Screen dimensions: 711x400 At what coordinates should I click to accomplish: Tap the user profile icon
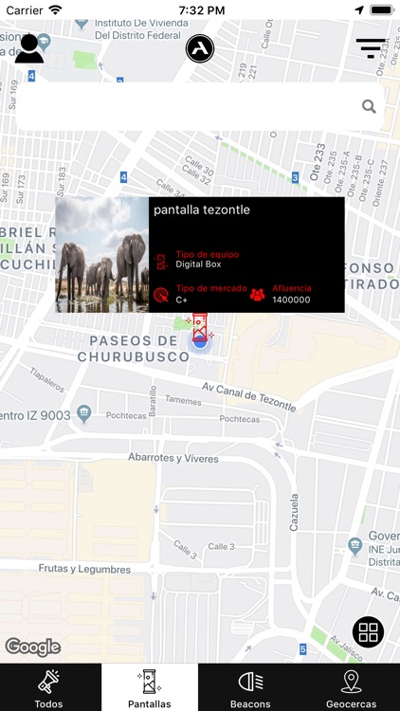(29, 48)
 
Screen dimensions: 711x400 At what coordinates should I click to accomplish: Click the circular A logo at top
(200, 48)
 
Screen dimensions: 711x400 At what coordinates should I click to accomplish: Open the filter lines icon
(371, 47)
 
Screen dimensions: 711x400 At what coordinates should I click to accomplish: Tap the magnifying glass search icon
(369, 106)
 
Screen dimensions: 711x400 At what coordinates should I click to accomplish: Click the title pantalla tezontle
(202, 210)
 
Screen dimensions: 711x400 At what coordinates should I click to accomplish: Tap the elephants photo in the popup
(102, 255)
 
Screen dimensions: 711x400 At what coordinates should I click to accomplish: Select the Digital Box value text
(198, 264)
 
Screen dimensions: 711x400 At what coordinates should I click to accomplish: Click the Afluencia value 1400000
(291, 300)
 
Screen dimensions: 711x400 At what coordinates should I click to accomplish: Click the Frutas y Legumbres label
(84, 569)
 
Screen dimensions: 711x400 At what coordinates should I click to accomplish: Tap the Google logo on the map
(33, 647)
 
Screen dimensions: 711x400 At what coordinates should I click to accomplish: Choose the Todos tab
(49, 687)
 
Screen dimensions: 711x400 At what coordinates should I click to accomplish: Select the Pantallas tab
(150, 687)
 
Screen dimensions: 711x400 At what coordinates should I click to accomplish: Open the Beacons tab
(250, 687)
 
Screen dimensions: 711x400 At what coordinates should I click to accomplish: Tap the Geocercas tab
(351, 687)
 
